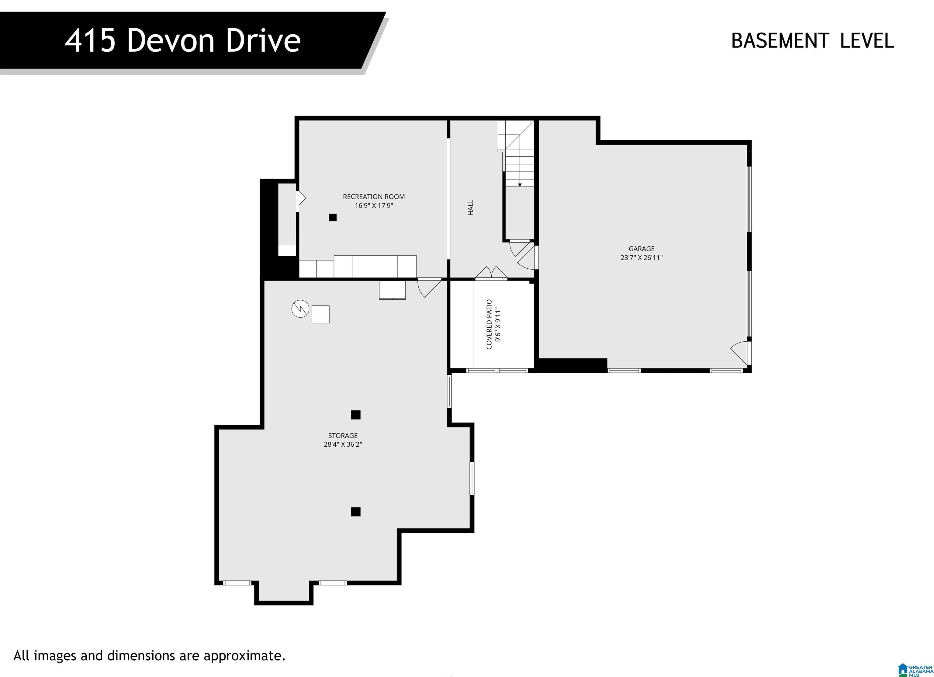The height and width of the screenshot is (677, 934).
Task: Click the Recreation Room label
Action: click(x=374, y=197)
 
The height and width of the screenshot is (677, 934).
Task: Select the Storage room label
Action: click(x=343, y=435)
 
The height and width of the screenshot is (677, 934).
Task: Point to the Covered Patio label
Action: click(x=489, y=324)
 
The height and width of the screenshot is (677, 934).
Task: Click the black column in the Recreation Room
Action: click(x=333, y=218)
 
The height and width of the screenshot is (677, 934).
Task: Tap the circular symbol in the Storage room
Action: click(x=300, y=309)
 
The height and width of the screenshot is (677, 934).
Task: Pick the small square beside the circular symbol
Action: click(x=320, y=314)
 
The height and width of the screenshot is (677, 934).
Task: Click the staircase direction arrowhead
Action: click(x=520, y=185)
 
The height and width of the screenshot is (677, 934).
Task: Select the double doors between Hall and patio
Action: click(x=491, y=273)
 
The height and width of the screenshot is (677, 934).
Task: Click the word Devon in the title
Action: click(x=171, y=41)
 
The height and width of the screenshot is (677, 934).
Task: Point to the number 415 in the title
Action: click(x=90, y=41)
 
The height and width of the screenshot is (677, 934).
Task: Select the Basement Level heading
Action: click(x=812, y=41)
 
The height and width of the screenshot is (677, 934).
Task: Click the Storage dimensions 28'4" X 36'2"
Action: click(x=343, y=445)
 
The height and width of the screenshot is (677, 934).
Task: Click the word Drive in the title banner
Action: click(x=263, y=41)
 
